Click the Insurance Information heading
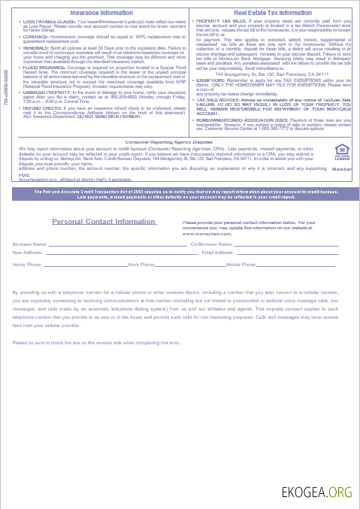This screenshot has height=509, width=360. (101, 13)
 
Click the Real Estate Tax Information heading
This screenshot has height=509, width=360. (272, 13)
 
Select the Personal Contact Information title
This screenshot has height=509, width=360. (104, 222)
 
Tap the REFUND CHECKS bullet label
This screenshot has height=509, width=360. (39, 108)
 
